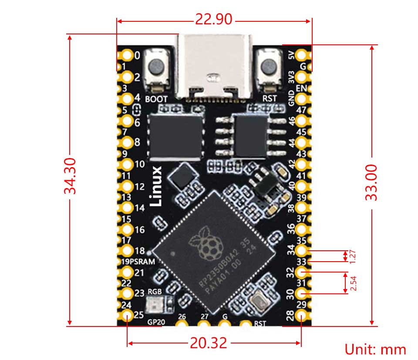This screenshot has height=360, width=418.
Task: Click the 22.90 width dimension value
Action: [214, 19]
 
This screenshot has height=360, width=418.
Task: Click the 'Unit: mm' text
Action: [375, 349]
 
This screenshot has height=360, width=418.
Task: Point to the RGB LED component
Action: [155, 304]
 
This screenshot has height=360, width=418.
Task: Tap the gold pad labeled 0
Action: [127, 55]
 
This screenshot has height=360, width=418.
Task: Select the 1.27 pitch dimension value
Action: [353, 256]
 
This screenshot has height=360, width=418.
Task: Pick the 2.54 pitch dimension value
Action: [353, 283]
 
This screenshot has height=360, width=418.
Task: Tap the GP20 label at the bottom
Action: [155, 323]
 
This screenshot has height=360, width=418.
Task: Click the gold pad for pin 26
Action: [182, 324]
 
